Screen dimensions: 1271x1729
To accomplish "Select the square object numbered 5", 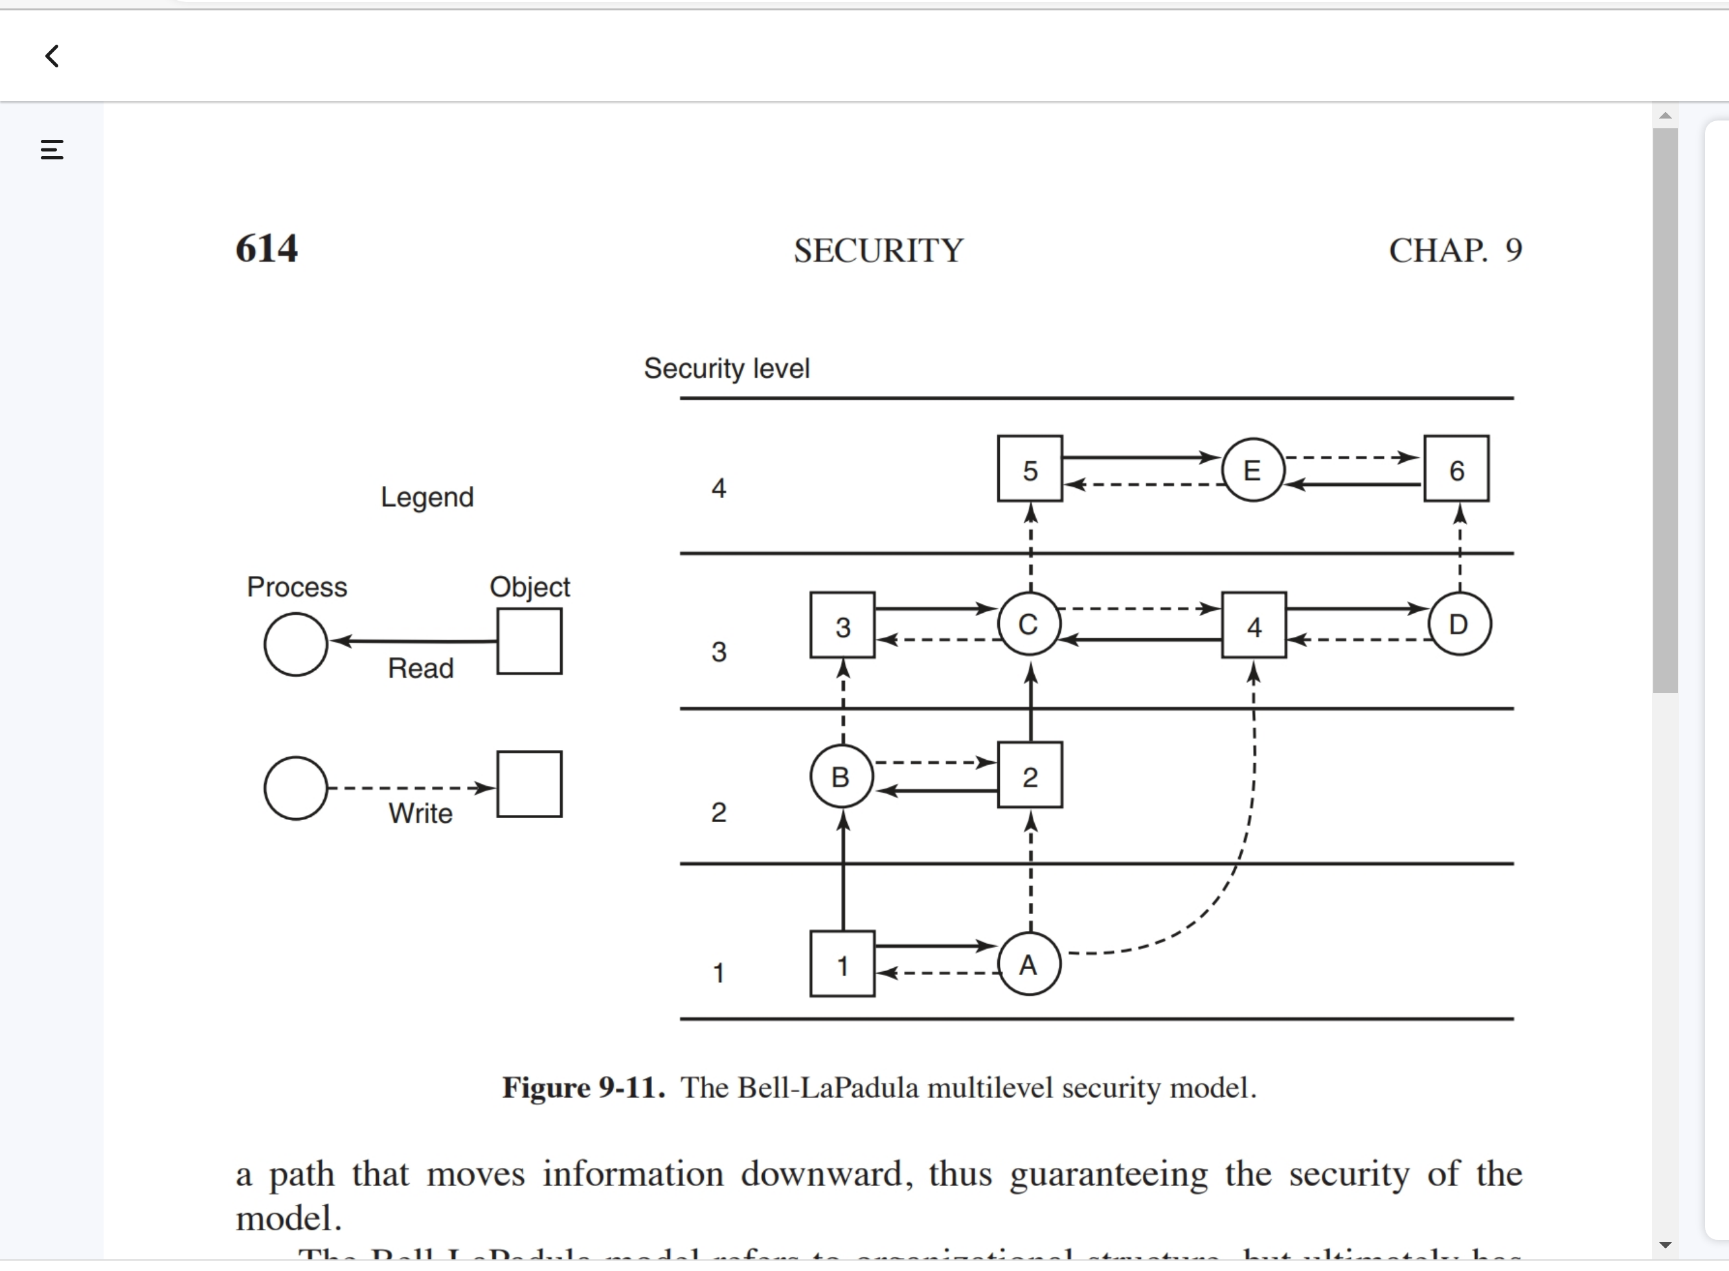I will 1030,468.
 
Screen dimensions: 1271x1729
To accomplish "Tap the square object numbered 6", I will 1456,468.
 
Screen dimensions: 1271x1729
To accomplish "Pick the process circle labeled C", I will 1029,624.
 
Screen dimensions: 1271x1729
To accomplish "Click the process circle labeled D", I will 1459,624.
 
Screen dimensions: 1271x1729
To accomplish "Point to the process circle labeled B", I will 841,776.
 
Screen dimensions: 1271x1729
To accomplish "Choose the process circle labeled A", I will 1029,964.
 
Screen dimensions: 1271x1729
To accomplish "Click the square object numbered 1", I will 842,964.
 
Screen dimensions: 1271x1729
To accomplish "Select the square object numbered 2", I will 1030,775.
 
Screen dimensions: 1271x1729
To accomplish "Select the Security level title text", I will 726,369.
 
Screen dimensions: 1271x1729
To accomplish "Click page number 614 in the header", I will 266,249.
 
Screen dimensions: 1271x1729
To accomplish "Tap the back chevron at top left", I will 52,56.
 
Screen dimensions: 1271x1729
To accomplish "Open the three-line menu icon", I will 52,149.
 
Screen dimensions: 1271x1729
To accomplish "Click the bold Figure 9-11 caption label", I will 583,1088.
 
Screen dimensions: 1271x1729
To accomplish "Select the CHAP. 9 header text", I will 1454,250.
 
